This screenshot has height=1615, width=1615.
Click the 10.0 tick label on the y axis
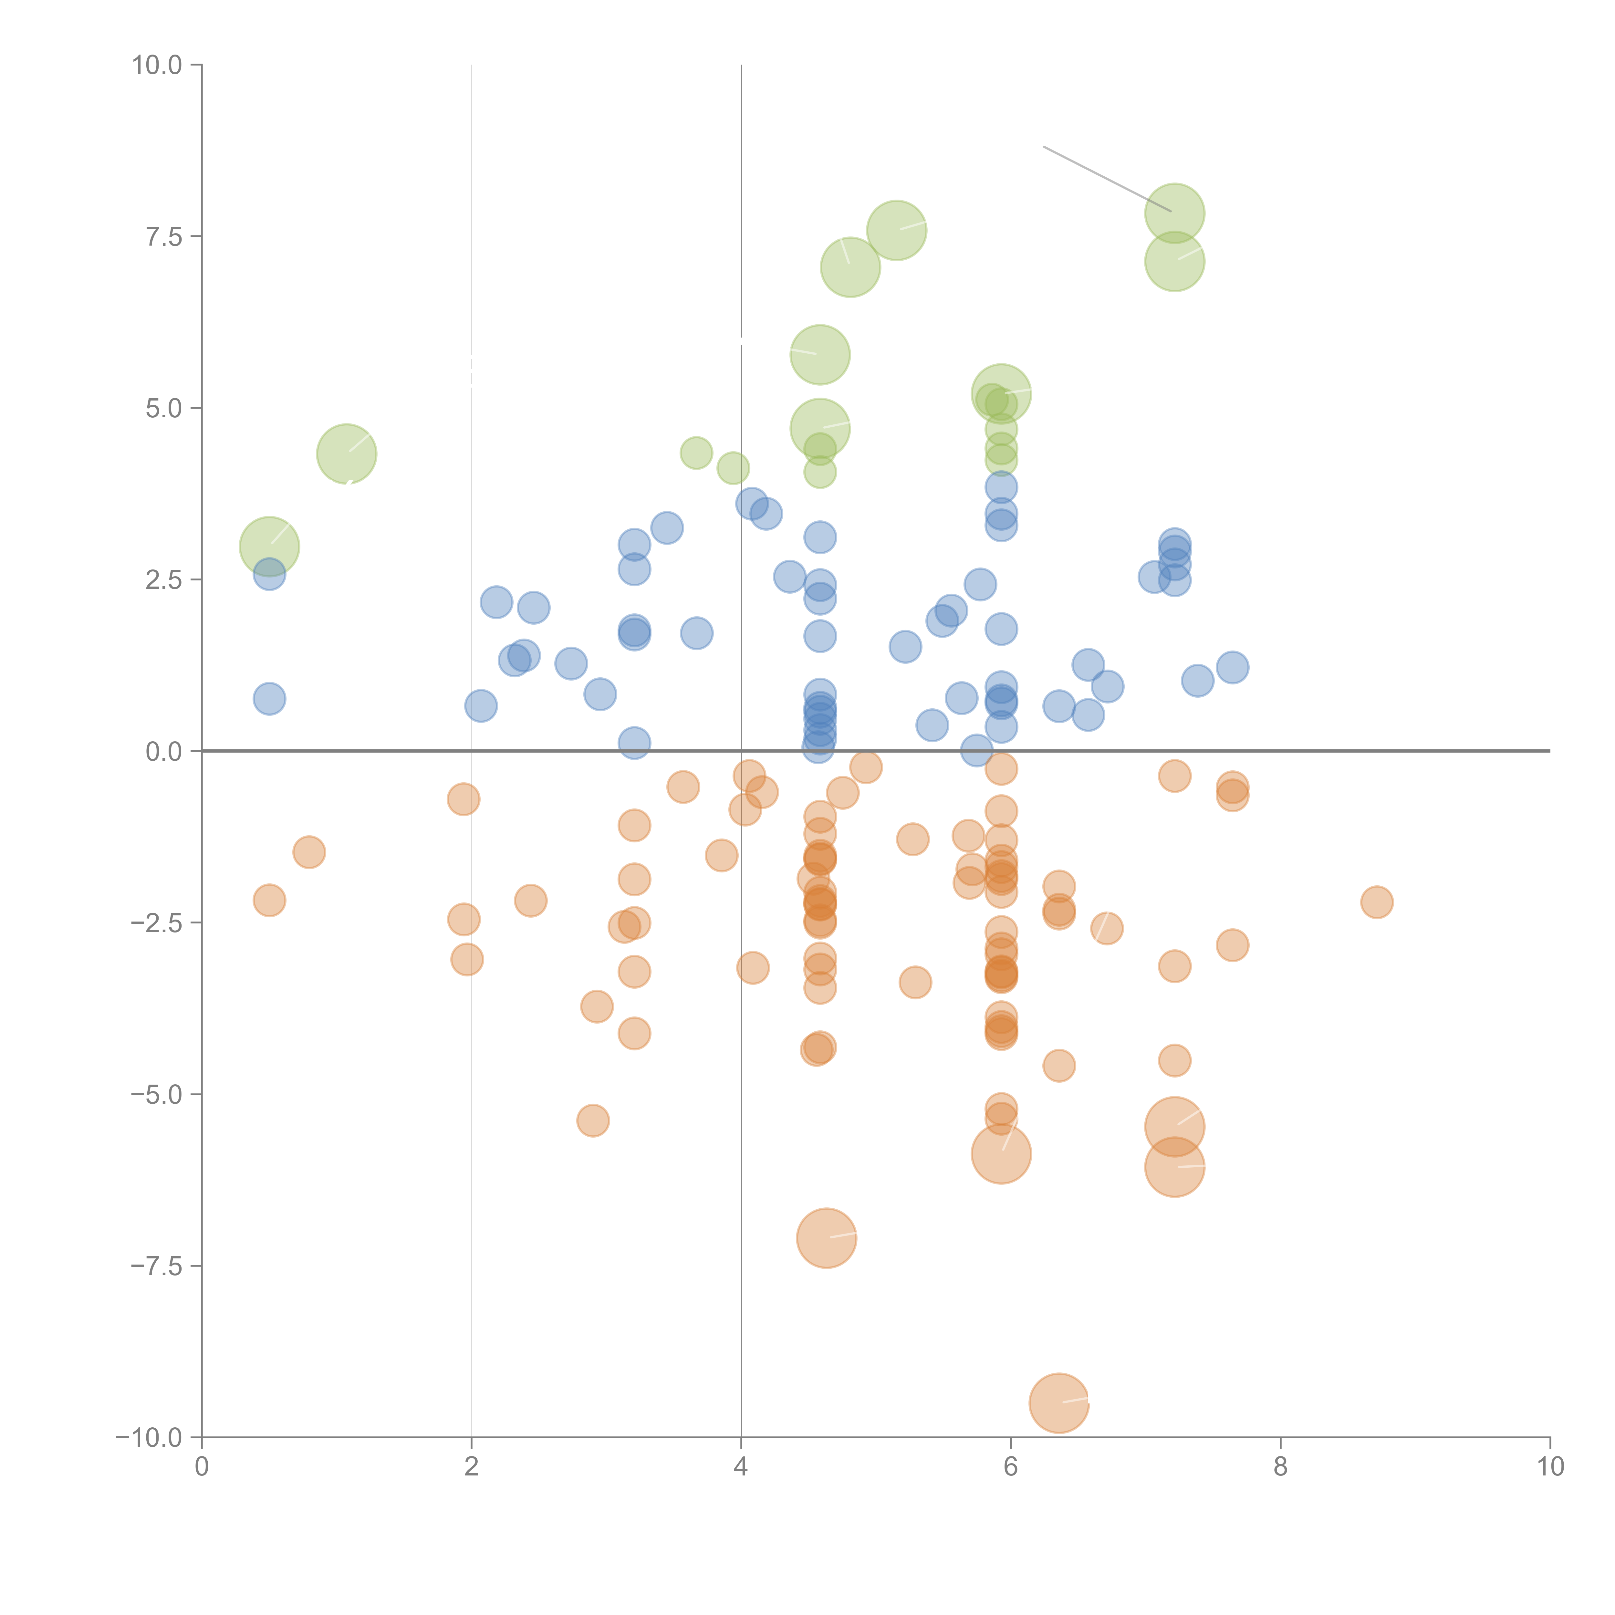click(157, 65)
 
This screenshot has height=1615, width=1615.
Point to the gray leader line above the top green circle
click(1103, 177)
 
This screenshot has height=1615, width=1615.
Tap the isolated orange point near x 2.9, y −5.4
click(593, 1120)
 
